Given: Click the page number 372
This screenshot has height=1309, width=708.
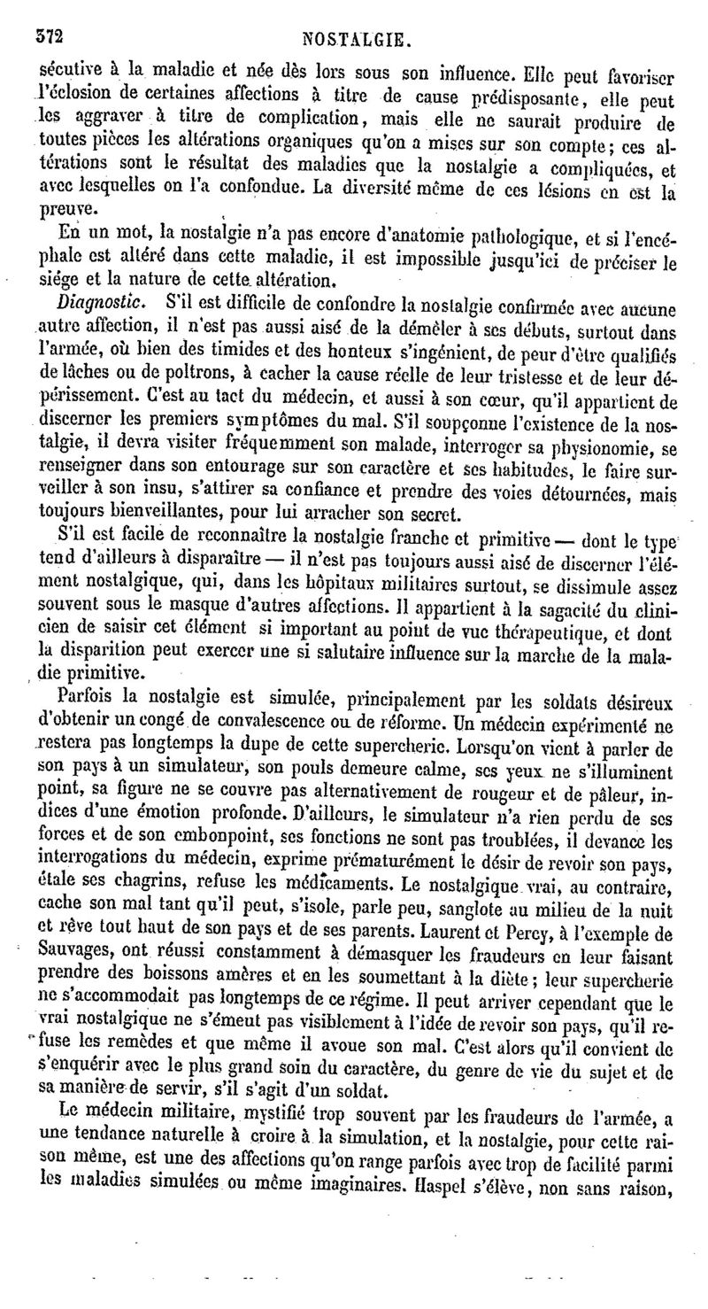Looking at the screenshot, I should pyautogui.click(x=51, y=38).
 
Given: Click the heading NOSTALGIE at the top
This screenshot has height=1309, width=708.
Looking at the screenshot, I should pyautogui.click(x=354, y=39).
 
